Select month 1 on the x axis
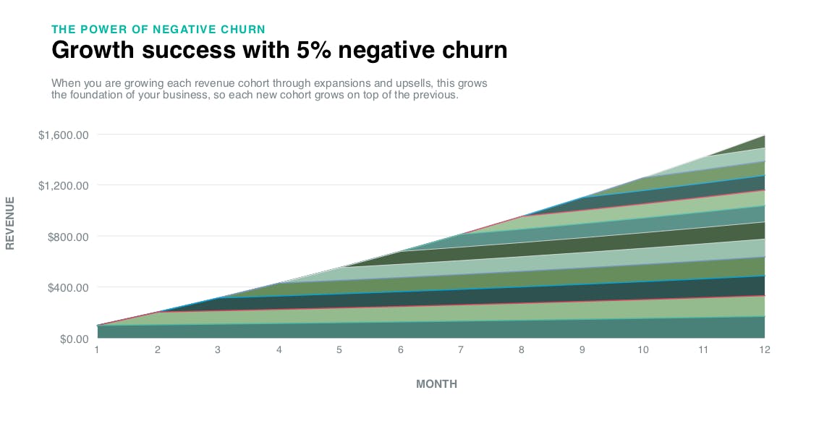point(97,350)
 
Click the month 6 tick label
point(400,350)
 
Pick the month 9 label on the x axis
point(582,350)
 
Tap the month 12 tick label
point(764,350)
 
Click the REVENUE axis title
point(10,222)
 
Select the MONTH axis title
point(436,384)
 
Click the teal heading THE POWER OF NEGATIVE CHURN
point(158,29)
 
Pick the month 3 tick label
point(218,350)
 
